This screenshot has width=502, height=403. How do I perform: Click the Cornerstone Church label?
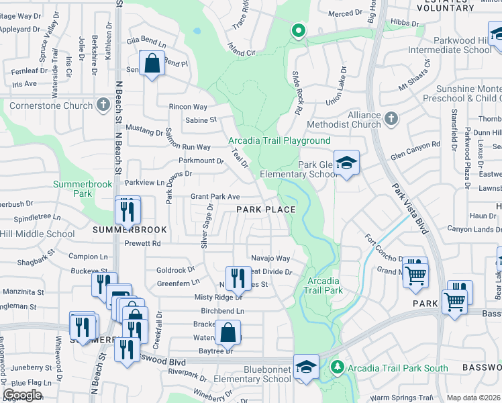[x=50, y=105]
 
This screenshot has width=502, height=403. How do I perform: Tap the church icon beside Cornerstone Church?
[x=103, y=105]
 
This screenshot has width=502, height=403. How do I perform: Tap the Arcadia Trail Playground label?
[x=279, y=140]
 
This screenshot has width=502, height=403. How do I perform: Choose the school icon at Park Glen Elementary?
[x=346, y=163]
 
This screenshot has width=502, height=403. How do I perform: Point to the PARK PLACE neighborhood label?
[x=266, y=210]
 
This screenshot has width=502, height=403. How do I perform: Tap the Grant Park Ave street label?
[x=215, y=197]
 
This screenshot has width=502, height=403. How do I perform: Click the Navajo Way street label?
[x=270, y=258]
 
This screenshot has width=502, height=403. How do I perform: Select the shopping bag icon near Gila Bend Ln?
[x=153, y=64]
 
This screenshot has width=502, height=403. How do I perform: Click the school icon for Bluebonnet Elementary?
[x=306, y=367]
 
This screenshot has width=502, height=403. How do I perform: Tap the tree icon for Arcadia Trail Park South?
[x=338, y=367]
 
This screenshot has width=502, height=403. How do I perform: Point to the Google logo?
[x=23, y=395]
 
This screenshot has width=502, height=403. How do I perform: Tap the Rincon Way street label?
[x=188, y=107]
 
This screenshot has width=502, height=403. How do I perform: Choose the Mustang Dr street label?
[x=145, y=133]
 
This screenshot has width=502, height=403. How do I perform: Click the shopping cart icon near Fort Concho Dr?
[x=416, y=273]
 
